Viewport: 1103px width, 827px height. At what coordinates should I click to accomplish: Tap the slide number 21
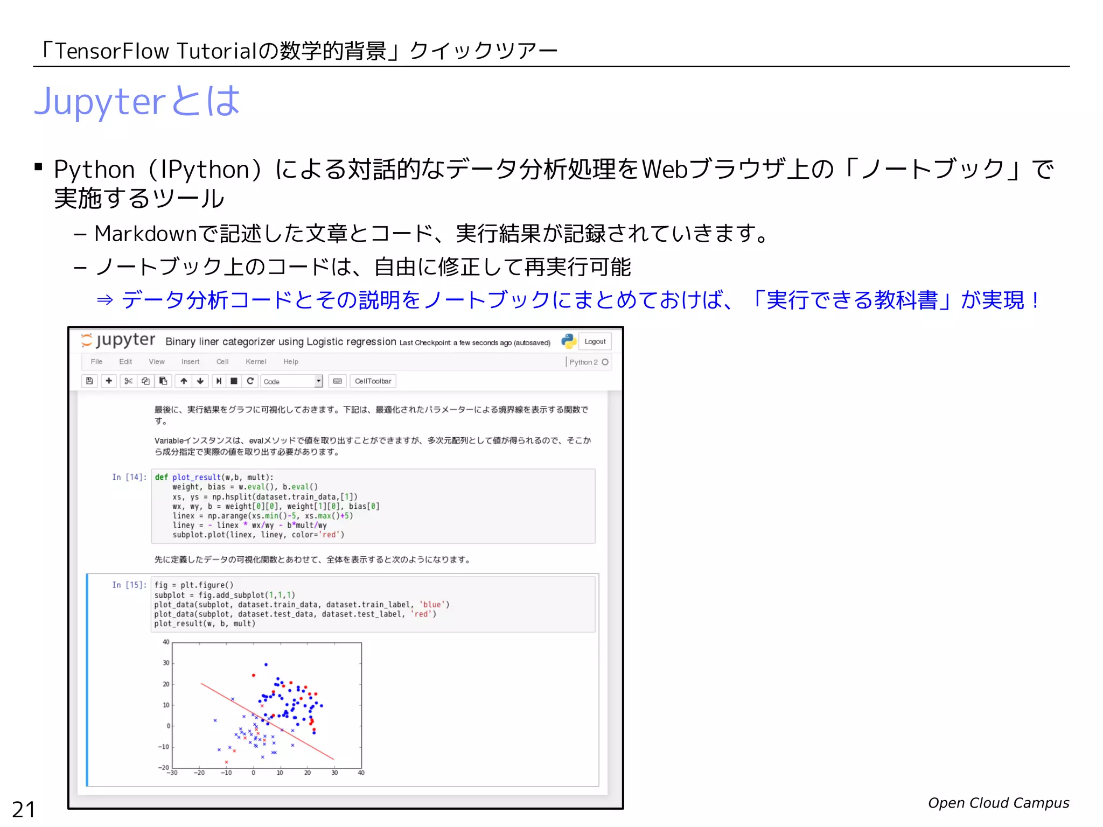24,809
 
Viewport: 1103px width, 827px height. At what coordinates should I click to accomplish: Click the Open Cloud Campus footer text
998,803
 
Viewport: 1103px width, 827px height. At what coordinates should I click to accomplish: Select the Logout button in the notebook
595,341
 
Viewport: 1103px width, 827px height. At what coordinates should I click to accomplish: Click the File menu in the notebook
96,362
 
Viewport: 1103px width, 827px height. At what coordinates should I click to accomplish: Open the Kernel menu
256,362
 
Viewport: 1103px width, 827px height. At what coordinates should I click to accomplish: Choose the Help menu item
291,362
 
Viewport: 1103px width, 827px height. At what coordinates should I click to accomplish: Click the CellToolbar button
373,381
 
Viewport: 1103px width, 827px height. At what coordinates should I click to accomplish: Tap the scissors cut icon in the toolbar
128,381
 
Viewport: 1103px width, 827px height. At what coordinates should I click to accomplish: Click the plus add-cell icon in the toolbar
109,381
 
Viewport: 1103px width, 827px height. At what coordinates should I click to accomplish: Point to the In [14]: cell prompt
129,477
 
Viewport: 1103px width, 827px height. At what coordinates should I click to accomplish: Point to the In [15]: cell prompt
129,585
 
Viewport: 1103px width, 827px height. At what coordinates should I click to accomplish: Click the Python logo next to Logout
569,341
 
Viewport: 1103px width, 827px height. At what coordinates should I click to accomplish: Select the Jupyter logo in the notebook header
118,340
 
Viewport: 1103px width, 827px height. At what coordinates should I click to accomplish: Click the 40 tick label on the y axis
166,642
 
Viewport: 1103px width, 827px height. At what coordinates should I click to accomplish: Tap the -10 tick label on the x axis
226,773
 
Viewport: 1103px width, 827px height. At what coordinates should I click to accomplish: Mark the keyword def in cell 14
161,477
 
